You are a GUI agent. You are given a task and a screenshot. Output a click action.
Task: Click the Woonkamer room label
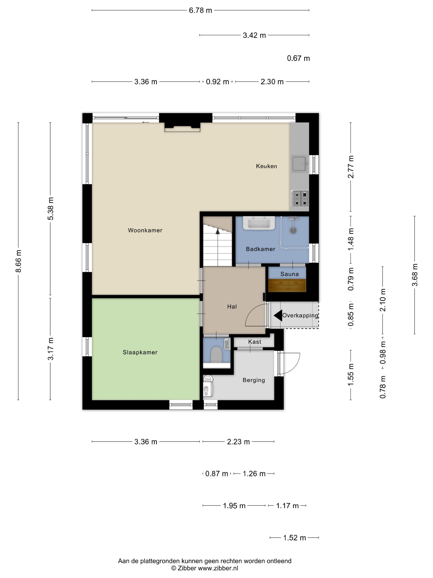click(145, 230)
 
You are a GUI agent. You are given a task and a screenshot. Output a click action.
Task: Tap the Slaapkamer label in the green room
click(140, 352)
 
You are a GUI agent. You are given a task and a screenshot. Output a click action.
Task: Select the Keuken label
click(266, 166)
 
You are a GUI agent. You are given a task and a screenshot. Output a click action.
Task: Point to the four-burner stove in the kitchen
click(300, 198)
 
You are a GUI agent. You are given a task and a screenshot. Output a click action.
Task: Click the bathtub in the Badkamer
click(259, 223)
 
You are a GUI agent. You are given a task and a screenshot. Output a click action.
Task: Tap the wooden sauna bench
click(287, 285)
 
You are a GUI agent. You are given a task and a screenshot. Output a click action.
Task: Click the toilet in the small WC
click(216, 355)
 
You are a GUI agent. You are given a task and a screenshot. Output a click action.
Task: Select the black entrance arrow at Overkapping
click(278, 315)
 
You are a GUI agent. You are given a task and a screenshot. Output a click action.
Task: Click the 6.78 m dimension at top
click(200, 11)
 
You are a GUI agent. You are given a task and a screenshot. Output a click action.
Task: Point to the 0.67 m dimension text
click(298, 58)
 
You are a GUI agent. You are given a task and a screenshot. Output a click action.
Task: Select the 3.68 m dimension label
click(415, 275)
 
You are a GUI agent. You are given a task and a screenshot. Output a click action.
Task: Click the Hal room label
click(232, 307)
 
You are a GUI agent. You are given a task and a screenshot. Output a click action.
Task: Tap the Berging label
click(254, 380)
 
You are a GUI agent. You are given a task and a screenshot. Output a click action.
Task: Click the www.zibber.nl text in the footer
click(218, 568)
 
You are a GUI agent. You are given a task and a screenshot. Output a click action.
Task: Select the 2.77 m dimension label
click(351, 167)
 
